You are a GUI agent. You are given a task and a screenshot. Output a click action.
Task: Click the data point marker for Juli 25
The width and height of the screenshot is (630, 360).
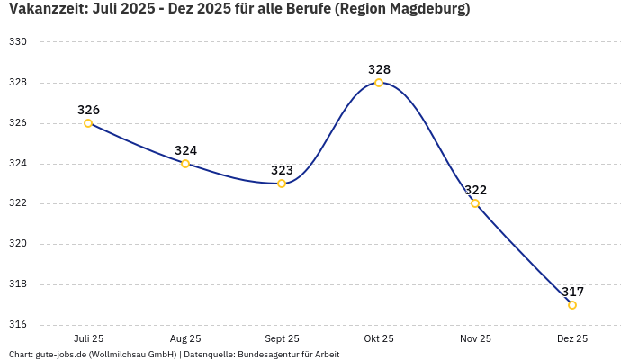coord(88,123)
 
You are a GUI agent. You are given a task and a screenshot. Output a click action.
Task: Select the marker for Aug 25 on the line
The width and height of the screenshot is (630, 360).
coord(185,164)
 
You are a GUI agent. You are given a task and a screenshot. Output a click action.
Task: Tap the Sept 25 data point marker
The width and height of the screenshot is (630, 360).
coord(282,184)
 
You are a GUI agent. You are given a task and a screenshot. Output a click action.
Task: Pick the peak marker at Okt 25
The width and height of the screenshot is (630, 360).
coord(379,83)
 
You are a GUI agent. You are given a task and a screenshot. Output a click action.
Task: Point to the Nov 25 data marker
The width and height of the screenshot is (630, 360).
coord(475,203)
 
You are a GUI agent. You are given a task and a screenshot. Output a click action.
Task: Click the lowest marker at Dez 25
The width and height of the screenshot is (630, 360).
coord(572,305)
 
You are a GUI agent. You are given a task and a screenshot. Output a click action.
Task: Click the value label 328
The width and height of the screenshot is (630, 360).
coord(379,69)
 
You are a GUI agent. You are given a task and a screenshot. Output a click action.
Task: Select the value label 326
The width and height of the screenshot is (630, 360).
coord(88,110)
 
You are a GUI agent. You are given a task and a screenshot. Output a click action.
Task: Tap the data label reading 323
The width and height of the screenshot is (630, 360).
coord(282,170)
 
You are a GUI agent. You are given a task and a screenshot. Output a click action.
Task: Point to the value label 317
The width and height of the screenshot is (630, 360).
coord(572,292)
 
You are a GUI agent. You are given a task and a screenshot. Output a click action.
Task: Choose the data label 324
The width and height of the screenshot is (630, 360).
coord(185,150)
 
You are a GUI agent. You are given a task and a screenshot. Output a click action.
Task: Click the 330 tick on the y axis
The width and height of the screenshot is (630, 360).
coord(18,42)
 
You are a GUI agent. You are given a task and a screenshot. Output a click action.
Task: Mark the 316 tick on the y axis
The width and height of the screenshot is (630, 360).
coord(18,325)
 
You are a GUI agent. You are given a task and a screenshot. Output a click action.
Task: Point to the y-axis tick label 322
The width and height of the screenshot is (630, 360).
coord(18,203)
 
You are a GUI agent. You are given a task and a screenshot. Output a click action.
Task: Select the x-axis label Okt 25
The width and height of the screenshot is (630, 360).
coord(379,338)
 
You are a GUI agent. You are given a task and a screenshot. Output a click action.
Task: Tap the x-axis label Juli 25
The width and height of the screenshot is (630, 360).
coord(88,338)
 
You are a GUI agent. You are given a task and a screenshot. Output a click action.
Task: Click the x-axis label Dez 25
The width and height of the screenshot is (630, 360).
coord(572,338)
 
